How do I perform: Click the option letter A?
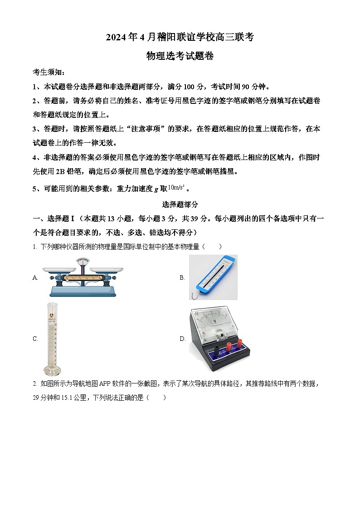(35, 278)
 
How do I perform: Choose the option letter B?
(182, 278)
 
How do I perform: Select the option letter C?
(35, 339)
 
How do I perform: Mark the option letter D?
(183, 339)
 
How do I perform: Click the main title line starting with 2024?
(180, 38)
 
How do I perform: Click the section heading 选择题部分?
(180, 204)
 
